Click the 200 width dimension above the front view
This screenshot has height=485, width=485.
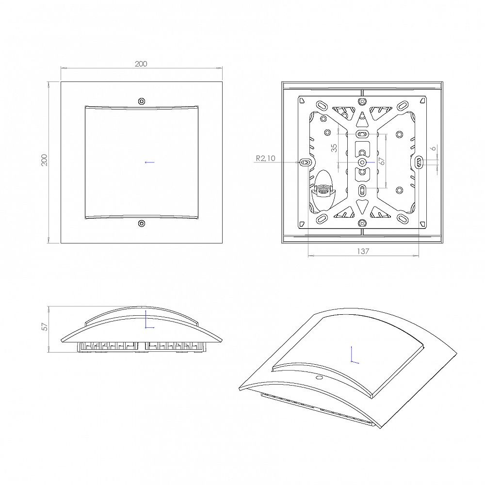coord(141,64)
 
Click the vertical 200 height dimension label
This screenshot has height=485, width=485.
coord(45,160)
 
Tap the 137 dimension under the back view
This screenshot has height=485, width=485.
coord(363,251)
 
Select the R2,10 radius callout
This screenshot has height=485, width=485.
coord(265,159)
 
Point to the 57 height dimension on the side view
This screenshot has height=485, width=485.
coord(45,326)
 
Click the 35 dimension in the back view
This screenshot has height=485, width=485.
coord(334,148)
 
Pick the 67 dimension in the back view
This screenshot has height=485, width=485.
coord(382,161)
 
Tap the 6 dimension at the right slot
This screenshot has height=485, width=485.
coord(434,148)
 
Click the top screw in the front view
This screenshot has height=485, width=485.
coord(142,101)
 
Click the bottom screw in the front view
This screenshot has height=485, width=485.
coord(142,223)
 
